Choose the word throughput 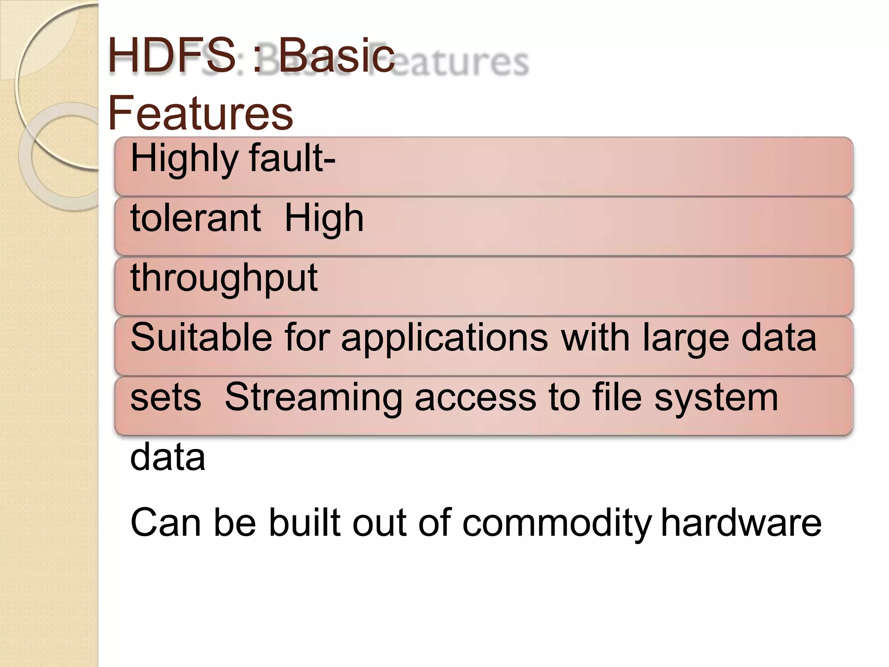pos(224,279)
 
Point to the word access pos(475,399)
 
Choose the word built pos(304,523)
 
